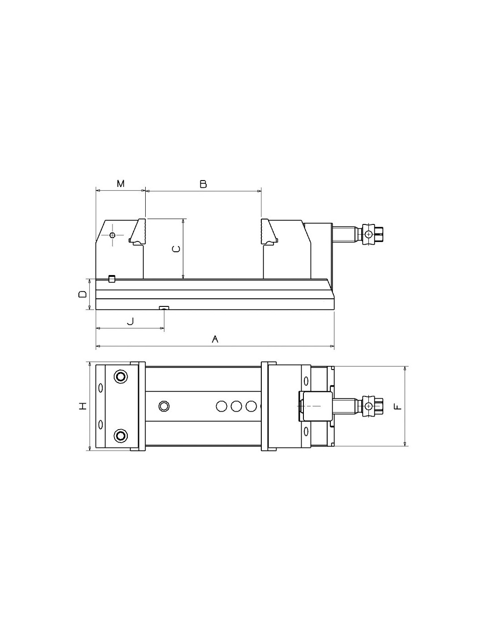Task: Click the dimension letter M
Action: pyautogui.click(x=121, y=184)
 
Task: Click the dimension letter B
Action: pyautogui.click(x=203, y=184)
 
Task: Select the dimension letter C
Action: pyautogui.click(x=176, y=249)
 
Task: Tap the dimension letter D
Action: pyautogui.click(x=82, y=294)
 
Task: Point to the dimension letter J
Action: pyautogui.click(x=130, y=321)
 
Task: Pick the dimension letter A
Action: pyautogui.click(x=215, y=339)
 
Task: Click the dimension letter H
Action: pyautogui.click(x=83, y=406)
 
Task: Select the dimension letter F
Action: pyautogui.click(x=397, y=406)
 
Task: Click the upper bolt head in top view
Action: pyautogui.click(x=121, y=376)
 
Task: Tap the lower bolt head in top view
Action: pyautogui.click(x=121, y=435)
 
